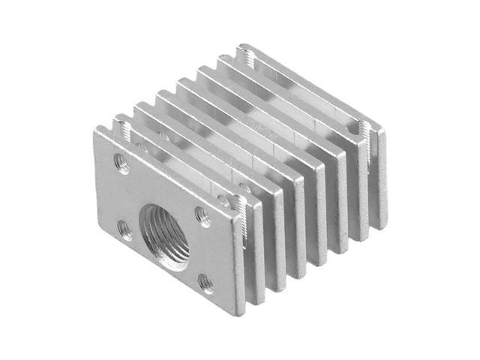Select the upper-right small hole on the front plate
[x=202, y=216]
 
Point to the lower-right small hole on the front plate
[x=205, y=284]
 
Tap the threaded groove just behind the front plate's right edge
[x=238, y=202]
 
